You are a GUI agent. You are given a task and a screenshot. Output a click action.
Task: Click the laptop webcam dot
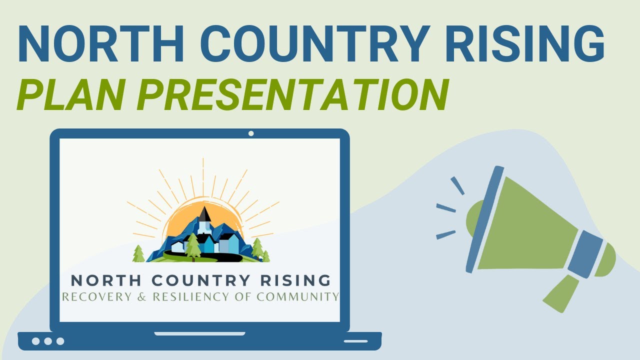tap(251, 133)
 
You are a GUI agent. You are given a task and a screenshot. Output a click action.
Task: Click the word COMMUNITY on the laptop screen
tap(297, 296)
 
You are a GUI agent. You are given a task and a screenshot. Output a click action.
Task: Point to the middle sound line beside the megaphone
tap(446, 208)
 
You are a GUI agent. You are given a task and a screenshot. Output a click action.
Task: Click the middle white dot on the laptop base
tap(48, 341)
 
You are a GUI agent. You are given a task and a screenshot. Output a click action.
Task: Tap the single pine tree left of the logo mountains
tap(138, 254)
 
